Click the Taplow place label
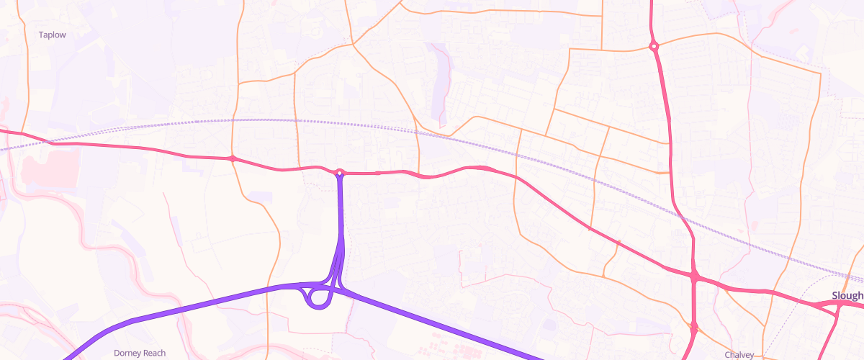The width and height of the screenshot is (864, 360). [x=52, y=34]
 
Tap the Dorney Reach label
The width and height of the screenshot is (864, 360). [x=140, y=353]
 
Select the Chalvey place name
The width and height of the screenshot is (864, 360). [x=739, y=355]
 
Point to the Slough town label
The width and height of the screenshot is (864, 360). [x=847, y=296]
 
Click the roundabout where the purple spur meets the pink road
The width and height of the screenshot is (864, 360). [x=340, y=172]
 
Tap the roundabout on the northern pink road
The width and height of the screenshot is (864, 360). [x=654, y=47]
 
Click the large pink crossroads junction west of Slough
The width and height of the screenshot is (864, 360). [x=695, y=276]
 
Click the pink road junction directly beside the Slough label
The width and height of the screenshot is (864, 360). [x=840, y=305]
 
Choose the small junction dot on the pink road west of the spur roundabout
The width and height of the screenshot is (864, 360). [x=233, y=158]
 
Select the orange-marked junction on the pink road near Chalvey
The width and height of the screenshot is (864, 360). [x=694, y=328]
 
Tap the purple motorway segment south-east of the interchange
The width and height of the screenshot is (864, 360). [x=446, y=325]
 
